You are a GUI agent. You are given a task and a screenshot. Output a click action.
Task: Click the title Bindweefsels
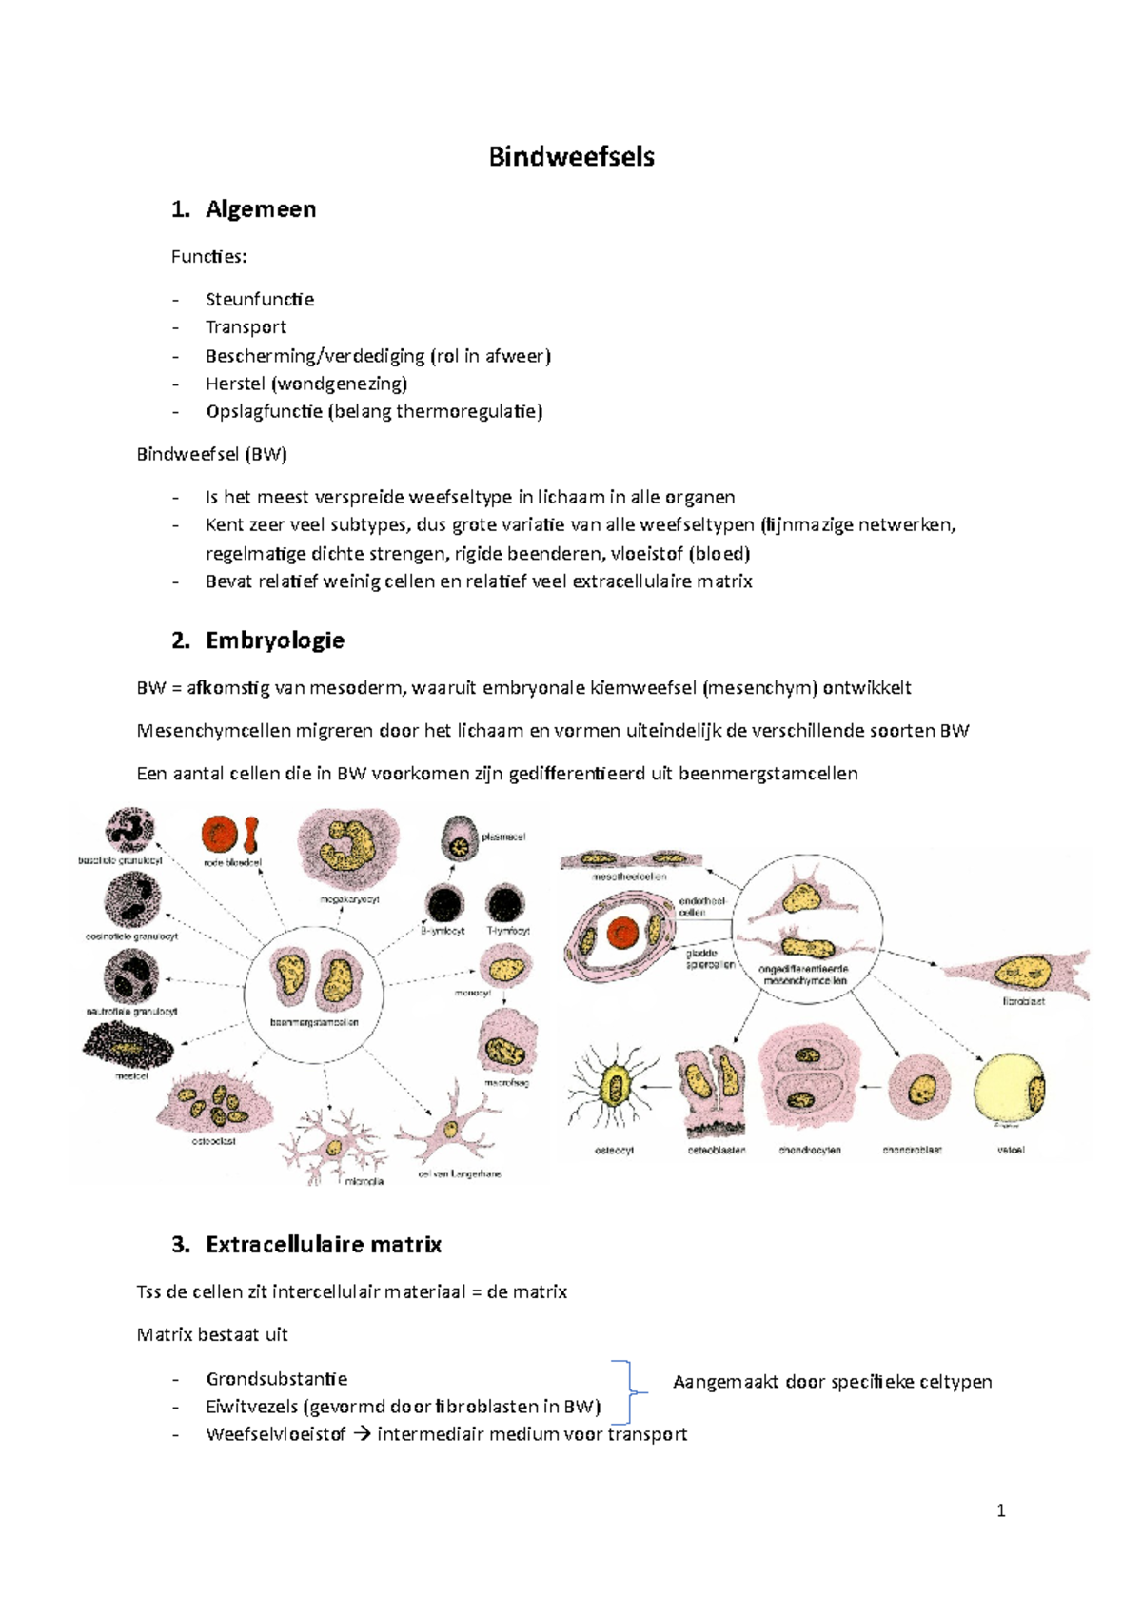[x=571, y=157]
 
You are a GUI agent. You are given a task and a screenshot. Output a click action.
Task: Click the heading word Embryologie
[x=274, y=640]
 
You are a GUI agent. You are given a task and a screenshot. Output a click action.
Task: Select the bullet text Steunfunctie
[x=259, y=299]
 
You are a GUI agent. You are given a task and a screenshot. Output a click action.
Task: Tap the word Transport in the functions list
[x=246, y=327]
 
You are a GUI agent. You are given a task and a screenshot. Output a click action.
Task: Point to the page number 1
[x=1000, y=1510]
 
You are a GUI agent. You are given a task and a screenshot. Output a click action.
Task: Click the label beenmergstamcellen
[x=314, y=1023]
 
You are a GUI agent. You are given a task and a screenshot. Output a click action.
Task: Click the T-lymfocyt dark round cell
[x=504, y=904]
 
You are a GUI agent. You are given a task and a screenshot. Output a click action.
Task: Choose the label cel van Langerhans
[x=459, y=1173]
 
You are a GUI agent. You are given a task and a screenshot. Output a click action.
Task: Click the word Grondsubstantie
[x=276, y=1379]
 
